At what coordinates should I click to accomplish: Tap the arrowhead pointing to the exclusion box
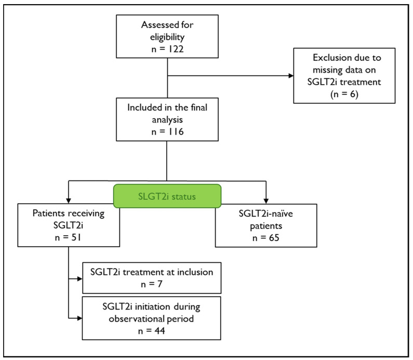[291, 76]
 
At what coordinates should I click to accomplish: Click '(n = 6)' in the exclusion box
[344, 94]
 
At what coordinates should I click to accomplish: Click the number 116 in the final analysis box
[176, 131]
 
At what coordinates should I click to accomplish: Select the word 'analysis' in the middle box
[167, 120]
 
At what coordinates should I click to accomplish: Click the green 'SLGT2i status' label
[167, 196]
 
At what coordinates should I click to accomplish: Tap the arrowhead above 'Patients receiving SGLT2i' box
[69, 201]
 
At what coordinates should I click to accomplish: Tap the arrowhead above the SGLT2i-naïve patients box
[266, 201]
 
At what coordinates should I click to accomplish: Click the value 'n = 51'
[68, 237]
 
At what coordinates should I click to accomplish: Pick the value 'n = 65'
[266, 238]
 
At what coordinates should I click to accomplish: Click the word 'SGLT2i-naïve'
[266, 214]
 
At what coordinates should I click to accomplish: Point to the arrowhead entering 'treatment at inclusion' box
[80, 278]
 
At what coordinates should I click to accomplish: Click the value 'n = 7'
[152, 284]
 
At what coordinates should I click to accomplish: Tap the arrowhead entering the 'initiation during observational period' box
[79, 318]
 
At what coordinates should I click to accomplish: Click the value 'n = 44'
[152, 331]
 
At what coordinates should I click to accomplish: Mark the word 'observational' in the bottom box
[136, 319]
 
